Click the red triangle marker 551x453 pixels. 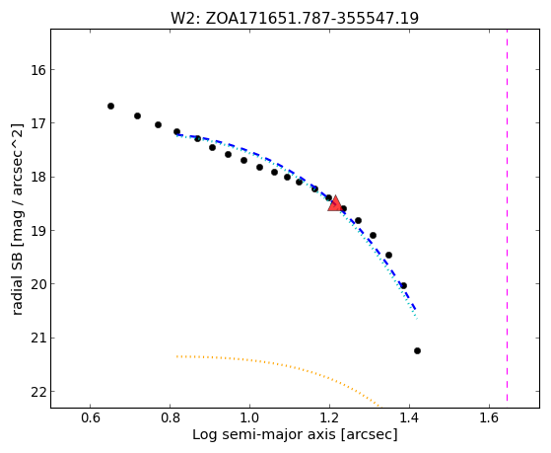coord(335,203)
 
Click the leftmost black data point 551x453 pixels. coord(110,106)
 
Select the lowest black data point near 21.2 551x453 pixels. coord(417,350)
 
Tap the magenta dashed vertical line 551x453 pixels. coord(507,215)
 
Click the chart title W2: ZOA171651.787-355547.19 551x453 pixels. coord(295,19)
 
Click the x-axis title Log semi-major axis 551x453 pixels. coord(295,434)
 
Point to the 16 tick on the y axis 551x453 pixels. coord(38,70)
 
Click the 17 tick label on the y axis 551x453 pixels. coord(38,123)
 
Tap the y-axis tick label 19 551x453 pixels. coord(38,231)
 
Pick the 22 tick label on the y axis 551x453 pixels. coord(38,392)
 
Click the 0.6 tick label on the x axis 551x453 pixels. coord(90,417)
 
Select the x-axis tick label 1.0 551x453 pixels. coord(249,417)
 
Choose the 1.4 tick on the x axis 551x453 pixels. coord(409,417)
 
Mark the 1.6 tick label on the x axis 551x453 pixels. coord(489,417)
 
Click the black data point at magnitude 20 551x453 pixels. coord(403,285)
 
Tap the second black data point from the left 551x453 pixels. coord(137,115)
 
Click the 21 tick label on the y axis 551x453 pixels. coord(38,339)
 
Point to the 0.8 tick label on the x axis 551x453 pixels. coord(170,417)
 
